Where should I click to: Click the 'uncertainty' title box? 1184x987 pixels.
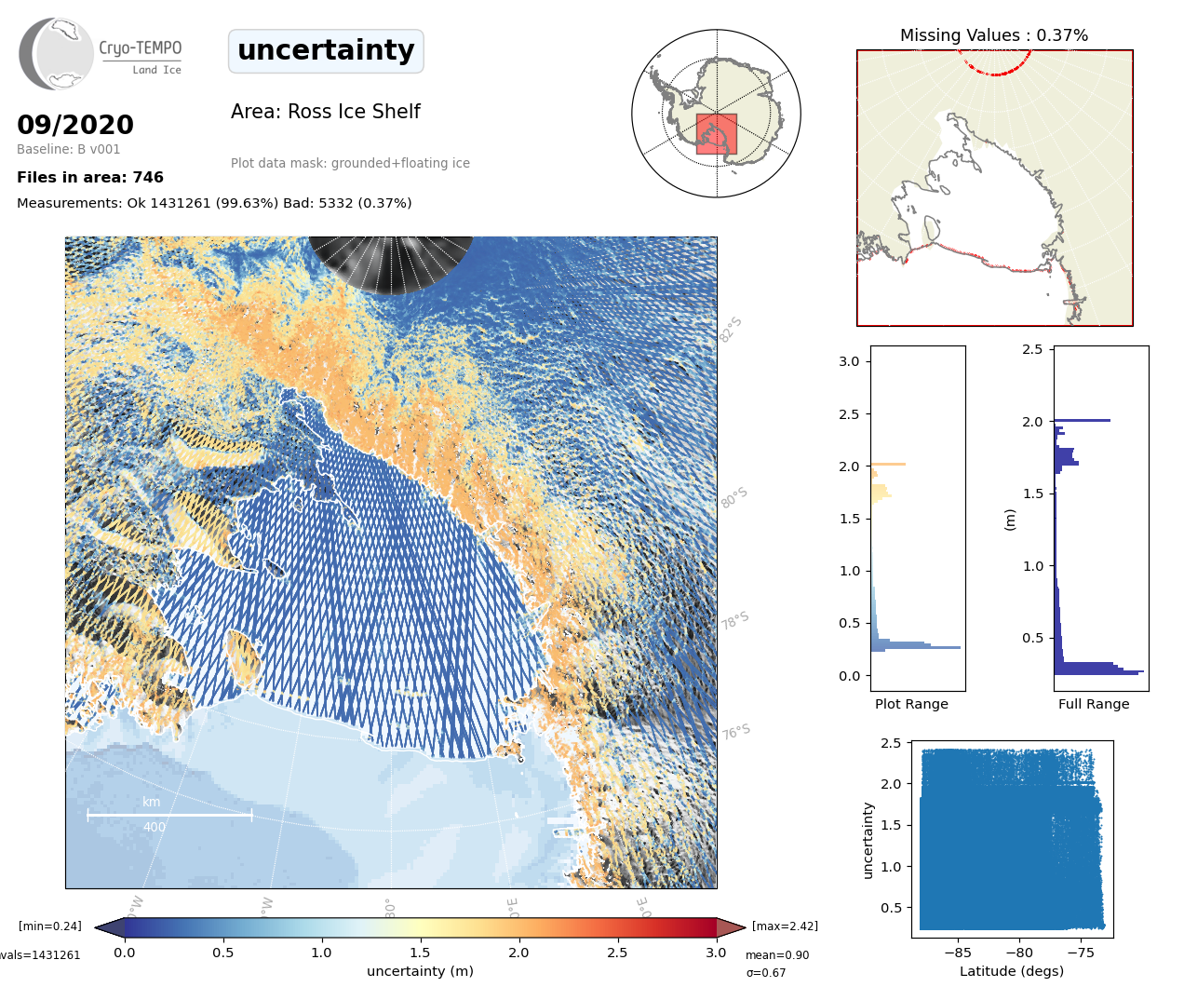click(x=326, y=50)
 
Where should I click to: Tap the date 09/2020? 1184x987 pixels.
click(x=75, y=125)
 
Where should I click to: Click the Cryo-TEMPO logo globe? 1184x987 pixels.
click(x=58, y=54)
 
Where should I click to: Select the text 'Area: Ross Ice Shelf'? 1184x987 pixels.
click(x=325, y=112)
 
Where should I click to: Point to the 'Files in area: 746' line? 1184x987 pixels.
click(x=90, y=177)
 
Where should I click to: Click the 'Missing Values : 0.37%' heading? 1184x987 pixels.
click(x=993, y=35)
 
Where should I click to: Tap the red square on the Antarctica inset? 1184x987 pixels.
click(x=716, y=134)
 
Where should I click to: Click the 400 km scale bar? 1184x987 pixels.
click(x=168, y=815)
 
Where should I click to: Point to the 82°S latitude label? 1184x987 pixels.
click(x=731, y=330)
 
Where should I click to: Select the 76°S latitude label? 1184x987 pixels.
click(x=735, y=732)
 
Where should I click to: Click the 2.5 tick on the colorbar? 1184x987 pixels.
click(x=617, y=953)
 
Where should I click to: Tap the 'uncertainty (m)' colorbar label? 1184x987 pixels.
click(x=420, y=971)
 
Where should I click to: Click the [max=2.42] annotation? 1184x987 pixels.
click(x=785, y=926)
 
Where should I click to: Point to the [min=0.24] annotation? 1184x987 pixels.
click(x=50, y=926)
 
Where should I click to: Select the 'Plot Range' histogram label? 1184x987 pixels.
click(x=911, y=704)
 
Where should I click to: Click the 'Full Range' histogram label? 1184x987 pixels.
click(x=1094, y=704)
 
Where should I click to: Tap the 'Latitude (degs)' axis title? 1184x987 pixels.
click(x=1011, y=971)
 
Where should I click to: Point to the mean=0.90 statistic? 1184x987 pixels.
click(x=777, y=955)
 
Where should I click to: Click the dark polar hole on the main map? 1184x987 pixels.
click(x=391, y=261)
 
